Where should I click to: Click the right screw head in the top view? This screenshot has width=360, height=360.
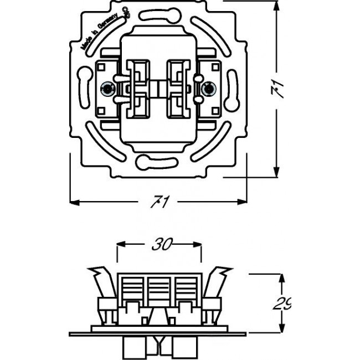210,88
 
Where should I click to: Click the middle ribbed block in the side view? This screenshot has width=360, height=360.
158,288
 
